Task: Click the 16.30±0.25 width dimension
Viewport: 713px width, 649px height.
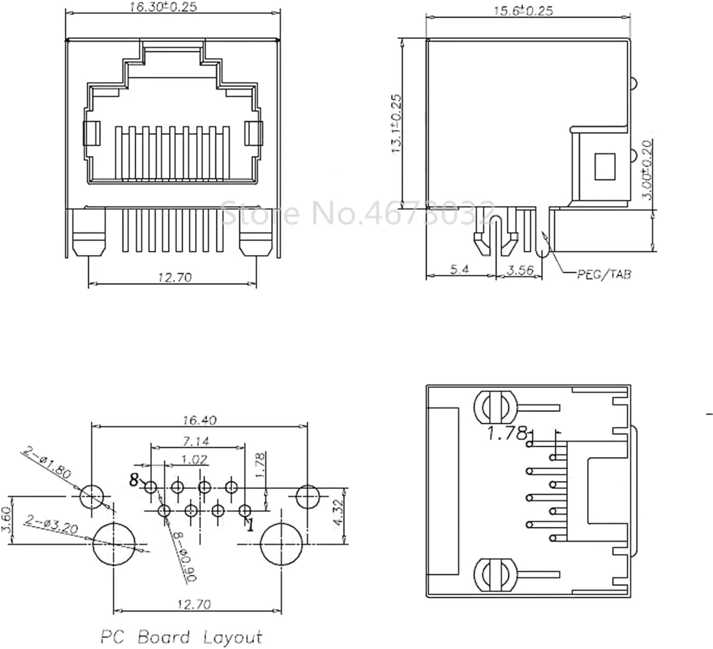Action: tap(163, 7)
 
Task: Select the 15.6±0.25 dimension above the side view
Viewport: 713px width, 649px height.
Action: tap(523, 10)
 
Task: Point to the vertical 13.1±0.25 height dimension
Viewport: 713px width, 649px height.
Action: tap(397, 124)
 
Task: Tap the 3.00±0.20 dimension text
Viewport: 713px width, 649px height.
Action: tap(647, 170)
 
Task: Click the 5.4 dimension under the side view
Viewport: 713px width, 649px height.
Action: tap(459, 269)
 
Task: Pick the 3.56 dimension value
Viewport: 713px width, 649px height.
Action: tap(520, 270)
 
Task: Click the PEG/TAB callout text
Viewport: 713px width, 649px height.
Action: tap(604, 274)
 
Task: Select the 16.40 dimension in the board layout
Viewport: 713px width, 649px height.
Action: tap(200, 420)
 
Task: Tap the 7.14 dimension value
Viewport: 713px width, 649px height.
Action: tap(196, 441)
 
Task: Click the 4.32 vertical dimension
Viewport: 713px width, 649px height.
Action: tap(338, 512)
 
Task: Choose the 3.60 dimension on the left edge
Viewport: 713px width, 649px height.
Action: tap(6, 519)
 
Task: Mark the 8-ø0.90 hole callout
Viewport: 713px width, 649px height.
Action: tap(183, 556)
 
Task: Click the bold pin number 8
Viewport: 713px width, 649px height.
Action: tap(134, 480)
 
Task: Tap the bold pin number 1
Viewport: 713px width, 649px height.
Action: tap(250, 524)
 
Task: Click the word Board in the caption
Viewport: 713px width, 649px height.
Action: tap(164, 637)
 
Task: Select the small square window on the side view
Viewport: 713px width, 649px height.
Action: tap(605, 166)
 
